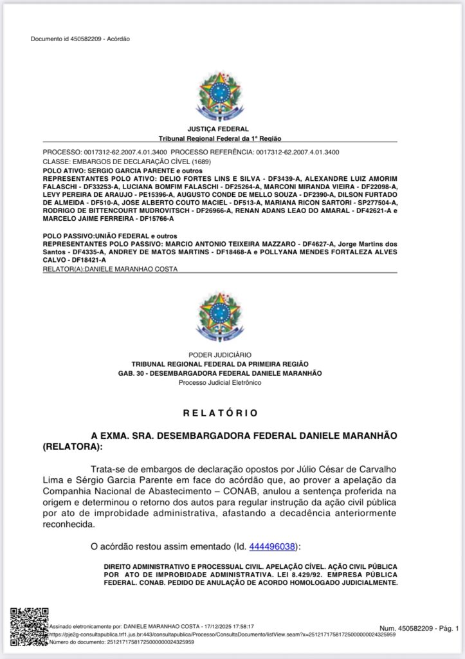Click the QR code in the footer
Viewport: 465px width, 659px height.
tap(28, 626)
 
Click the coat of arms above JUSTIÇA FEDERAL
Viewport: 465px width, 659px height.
tap(220, 96)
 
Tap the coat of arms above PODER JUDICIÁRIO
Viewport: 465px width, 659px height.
tap(220, 316)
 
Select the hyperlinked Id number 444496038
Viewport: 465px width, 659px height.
tap(273, 546)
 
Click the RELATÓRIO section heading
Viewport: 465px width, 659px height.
tap(220, 413)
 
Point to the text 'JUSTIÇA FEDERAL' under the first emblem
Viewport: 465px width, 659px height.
tap(218, 129)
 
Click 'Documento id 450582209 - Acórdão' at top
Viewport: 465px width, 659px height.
tap(80, 39)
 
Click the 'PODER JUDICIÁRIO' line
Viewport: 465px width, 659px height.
tap(220, 355)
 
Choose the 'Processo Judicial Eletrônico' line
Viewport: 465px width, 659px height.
tap(220, 383)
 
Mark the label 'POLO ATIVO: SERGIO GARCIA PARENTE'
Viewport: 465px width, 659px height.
tap(103, 170)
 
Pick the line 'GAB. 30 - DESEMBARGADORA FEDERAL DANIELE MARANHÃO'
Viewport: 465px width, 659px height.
tap(220, 373)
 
